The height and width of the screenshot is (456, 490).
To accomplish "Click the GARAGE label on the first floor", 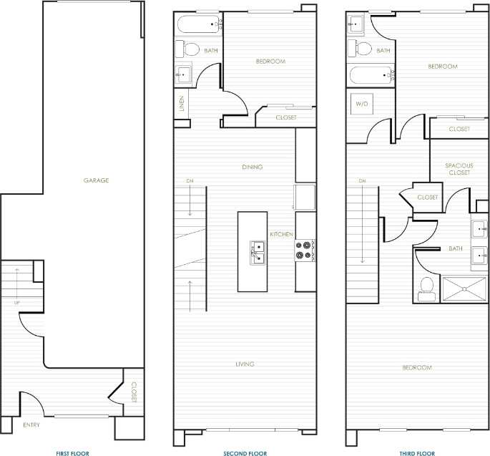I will pos(96,180).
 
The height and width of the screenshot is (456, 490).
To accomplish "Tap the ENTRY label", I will pos(31,426).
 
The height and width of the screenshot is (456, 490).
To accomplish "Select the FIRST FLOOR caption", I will pos(73,453).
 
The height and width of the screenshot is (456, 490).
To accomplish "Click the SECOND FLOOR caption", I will pos(245,453).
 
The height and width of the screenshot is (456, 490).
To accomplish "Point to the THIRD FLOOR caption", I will pos(416,453).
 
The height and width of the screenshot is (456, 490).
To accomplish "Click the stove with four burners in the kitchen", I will pos(305,251).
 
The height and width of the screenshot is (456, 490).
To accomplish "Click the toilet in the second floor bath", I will pos(190,50).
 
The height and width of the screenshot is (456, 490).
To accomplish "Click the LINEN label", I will pos(182,105).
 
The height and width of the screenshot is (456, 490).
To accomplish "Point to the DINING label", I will pos(252,167).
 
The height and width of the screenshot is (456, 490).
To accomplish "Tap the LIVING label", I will pos(245,364).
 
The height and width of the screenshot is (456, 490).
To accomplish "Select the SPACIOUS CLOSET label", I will pos(459,169).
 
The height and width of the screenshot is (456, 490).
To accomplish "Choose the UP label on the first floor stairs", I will pos(16,303).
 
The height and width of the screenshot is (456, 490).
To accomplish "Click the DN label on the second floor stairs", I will pos(190,180).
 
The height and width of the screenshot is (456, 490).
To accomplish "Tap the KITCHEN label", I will pos(280,235).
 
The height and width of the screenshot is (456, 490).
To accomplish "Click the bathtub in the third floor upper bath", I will pos(370,75).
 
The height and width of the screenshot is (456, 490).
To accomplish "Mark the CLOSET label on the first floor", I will pos(133,392).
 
